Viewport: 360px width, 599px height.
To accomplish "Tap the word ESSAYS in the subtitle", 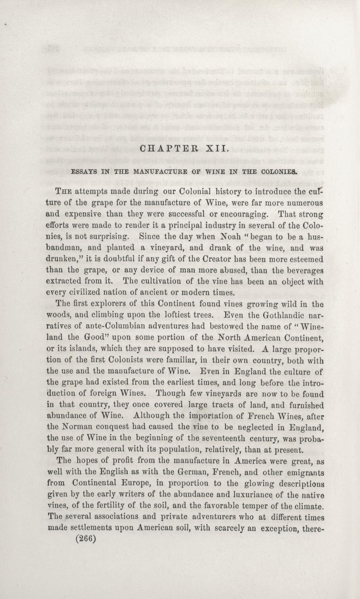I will [85, 171].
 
